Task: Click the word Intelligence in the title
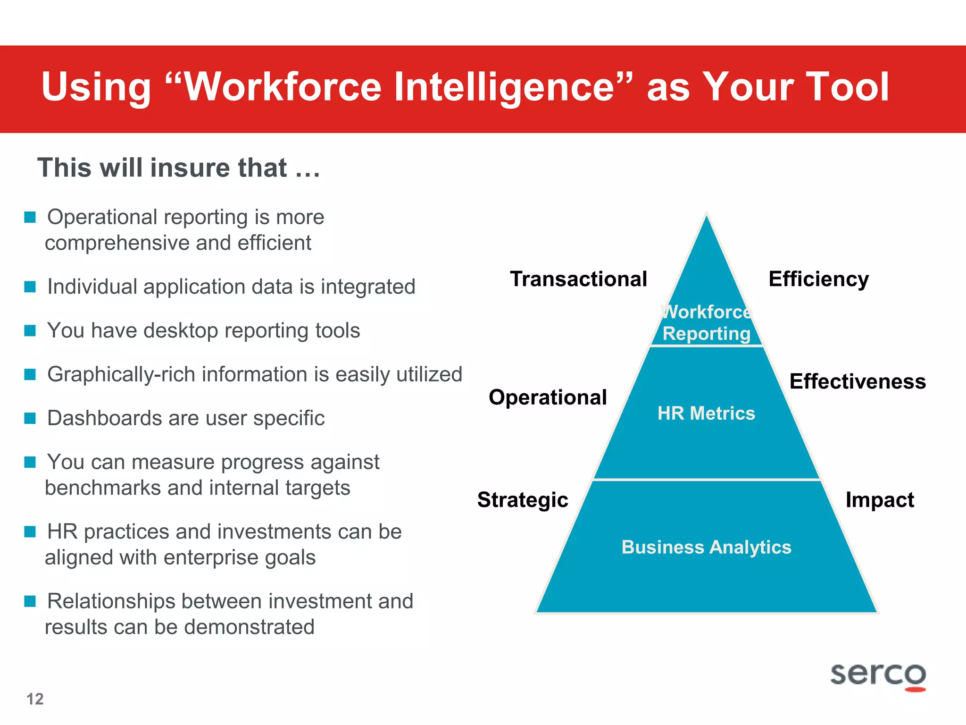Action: pyautogui.click(x=504, y=87)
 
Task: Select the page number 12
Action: pyautogui.click(x=35, y=699)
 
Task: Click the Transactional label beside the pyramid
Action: pyautogui.click(x=578, y=279)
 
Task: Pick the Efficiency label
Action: pyautogui.click(x=818, y=279)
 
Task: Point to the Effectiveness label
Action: pyautogui.click(x=858, y=381)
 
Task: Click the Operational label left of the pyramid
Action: pyautogui.click(x=548, y=397)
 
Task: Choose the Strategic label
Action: pyautogui.click(x=523, y=500)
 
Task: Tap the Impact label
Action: pyautogui.click(x=880, y=500)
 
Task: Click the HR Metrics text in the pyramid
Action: pyautogui.click(x=706, y=413)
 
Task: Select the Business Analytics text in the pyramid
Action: pyautogui.click(x=706, y=547)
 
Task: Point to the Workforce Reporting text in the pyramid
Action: pyautogui.click(x=706, y=323)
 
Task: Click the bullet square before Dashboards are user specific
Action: pyautogui.click(x=30, y=418)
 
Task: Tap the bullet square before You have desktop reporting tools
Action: pyautogui.click(x=30, y=330)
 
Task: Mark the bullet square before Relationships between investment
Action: pyautogui.click(x=30, y=601)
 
